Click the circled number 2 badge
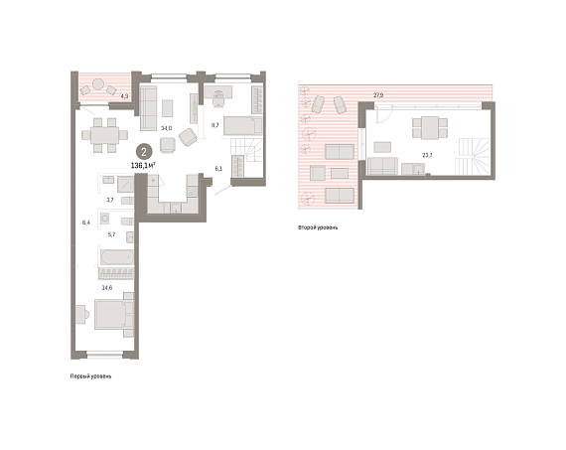[144, 152]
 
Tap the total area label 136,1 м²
[143, 166]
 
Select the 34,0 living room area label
[167, 128]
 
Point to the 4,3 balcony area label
[124, 96]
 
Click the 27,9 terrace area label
[378, 95]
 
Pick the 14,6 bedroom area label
[107, 288]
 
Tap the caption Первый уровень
[90, 376]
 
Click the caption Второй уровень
[318, 227]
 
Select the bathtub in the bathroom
[117, 257]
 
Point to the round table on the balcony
[98, 84]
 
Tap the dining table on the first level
[104, 135]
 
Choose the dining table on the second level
[430, 128]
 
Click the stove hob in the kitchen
[193, 191]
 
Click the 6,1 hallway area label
[218, 169]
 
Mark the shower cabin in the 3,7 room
[126, 184]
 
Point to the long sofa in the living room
[148, 108]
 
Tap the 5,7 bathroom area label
[111, 234]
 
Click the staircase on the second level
[474, 156]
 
